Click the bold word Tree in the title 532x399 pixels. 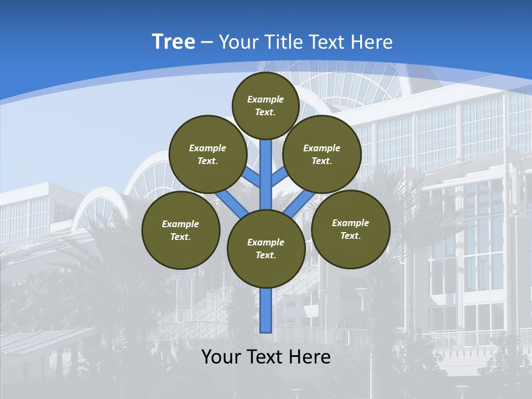173,42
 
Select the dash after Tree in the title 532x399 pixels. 207,43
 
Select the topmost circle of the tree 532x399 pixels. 265,105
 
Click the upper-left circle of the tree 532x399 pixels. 207,154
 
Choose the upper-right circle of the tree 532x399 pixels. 321,154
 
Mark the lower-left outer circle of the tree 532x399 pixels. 181,230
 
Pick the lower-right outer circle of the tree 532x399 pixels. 350,229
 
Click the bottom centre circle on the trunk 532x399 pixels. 266,248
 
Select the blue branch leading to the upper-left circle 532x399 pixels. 252,178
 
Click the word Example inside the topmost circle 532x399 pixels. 265,99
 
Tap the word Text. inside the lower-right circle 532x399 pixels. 350,236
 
